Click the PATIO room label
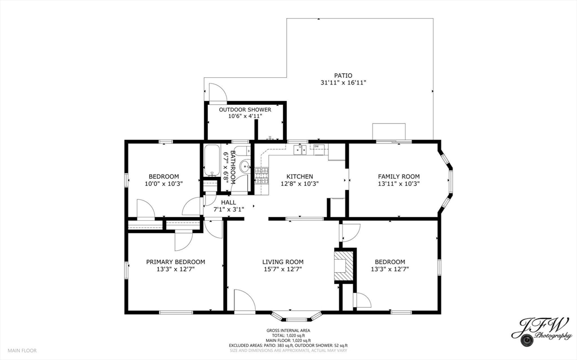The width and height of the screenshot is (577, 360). point(343,75)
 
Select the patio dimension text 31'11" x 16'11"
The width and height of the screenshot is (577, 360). point(343,83)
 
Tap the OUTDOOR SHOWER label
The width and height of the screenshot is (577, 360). point(245,110)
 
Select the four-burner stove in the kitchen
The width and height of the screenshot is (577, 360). point(262,176)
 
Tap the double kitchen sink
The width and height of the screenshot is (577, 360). point(300,149)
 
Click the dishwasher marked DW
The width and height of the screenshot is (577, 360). point(319,149)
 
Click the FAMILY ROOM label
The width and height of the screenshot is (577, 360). point(398,176)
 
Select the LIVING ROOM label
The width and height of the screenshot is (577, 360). point(283,262)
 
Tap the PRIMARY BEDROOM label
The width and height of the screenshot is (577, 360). point(175,262)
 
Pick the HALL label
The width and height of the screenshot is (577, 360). point(228,202)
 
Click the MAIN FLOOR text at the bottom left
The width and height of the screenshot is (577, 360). point(23,350)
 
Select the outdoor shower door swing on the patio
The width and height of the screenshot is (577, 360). point(217,94)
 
